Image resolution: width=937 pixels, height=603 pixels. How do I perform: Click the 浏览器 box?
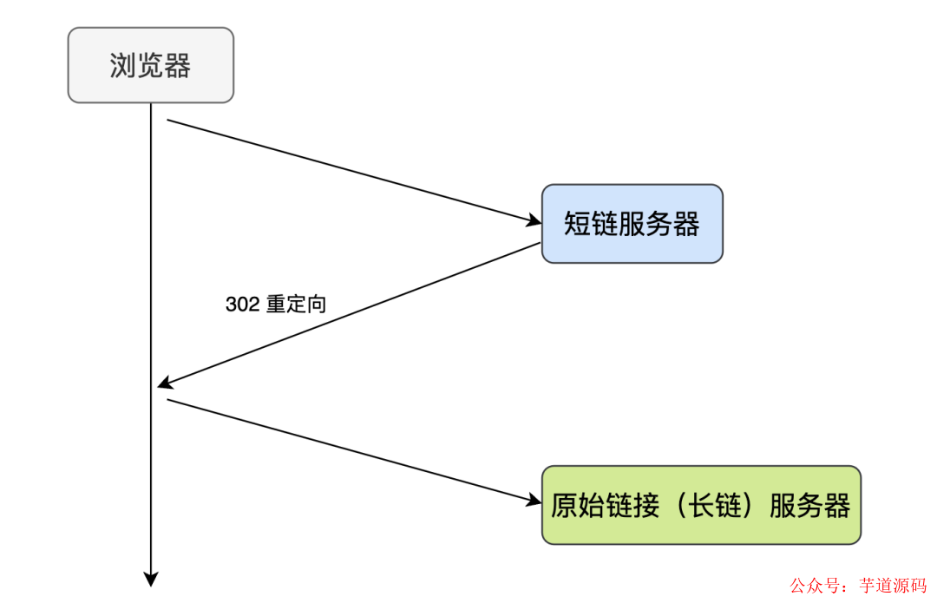[x=150, y=65]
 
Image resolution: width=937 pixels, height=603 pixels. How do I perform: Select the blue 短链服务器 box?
[x=632, y=224]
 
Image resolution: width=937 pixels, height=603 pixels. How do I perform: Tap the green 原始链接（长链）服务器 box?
[x=701, y=505]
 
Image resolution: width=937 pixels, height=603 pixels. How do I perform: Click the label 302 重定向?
[x=276, y=305]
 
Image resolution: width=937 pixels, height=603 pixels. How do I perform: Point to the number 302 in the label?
[x=242, y=305]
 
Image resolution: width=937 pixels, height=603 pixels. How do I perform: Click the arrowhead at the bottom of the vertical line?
[x=151, y=579]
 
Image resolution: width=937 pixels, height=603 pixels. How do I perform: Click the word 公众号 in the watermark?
[x=812, y=586]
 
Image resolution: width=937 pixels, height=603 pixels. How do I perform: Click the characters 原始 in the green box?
[x=577, y=506]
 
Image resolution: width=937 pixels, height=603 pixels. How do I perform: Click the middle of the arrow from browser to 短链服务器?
[x=351, y=172]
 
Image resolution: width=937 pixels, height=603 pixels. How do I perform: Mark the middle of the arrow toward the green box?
[x=351, y=450]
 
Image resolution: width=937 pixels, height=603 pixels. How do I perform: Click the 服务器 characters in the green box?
[x=809, y=506]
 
